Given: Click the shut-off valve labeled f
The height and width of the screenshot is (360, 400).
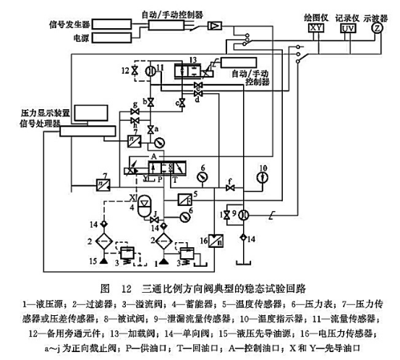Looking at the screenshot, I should click(230, 189).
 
